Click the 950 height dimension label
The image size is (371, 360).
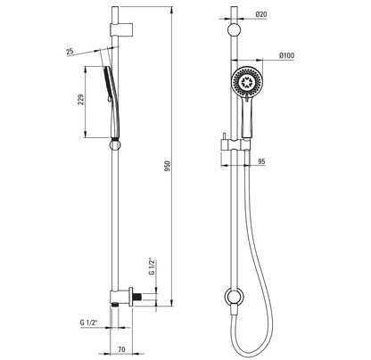click(168, 167)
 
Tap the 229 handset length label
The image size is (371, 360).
click(80, 100)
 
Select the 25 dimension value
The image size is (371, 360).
click(70, 52)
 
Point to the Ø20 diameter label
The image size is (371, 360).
click(260, 14)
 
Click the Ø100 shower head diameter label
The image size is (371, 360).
click(286, 55)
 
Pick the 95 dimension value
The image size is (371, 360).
click(261, 161)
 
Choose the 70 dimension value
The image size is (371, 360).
click(121, 349)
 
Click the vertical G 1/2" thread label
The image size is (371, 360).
click(152, 267)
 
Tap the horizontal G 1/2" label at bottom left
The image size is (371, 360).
click(88, 323)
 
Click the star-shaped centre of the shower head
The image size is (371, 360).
click(246, 82)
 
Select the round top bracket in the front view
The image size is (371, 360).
click(234, 30)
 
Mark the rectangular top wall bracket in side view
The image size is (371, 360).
click(121, 29)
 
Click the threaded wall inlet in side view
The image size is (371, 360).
click(137, 297)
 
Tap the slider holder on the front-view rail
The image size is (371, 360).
click(235, 144)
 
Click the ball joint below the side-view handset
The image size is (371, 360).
click(115, 144)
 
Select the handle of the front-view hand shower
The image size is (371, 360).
click(247, 118)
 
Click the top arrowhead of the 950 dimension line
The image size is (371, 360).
click(171, 10)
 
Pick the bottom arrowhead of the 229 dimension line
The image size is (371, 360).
click(86, 135)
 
